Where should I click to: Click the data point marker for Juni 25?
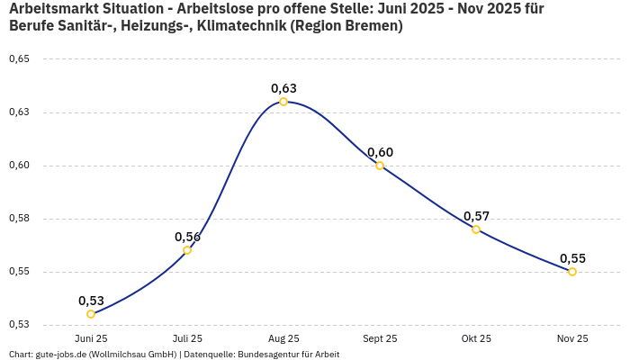pos(91,314)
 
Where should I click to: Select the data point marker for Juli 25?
pos(187,250)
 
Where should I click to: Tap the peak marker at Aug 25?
pos(283,102)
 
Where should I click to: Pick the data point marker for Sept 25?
pos(380,166)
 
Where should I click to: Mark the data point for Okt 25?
pos(476,229)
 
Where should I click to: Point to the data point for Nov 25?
pos(572,272)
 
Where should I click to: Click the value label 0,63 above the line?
pos(283,88)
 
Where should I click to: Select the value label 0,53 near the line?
pos(91,301)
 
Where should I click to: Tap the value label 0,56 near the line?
pos(187,237)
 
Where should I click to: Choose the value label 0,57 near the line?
pos(476,216)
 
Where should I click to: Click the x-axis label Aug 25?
pos(283,338)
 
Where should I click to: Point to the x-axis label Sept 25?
pos(380,338)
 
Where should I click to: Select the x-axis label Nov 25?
pos(572,338)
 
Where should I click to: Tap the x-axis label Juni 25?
pos(91,338)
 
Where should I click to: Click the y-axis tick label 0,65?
pos(19,59)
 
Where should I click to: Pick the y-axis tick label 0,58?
pos(19,219)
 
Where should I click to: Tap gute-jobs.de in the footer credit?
pos(62,355)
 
